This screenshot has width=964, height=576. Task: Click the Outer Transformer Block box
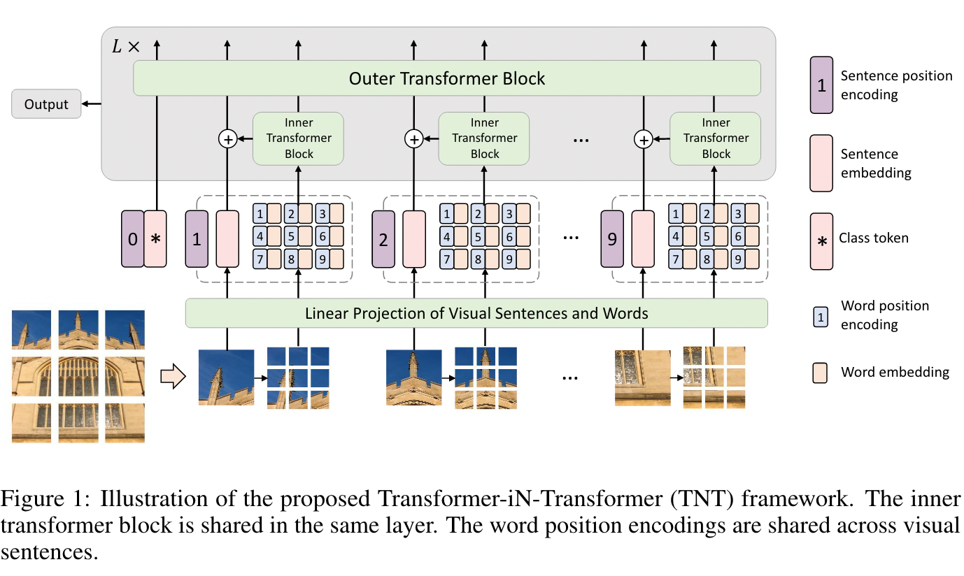tap(446, 78)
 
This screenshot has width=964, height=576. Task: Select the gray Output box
tap(46, 104)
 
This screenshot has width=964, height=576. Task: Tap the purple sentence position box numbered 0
tap(132, 238)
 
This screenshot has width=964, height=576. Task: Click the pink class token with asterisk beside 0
tap(155, 238)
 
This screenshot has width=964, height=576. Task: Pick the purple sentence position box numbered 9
tap(612, 238)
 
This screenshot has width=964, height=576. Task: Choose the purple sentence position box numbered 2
tap(383, 238)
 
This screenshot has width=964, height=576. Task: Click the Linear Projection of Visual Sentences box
tap(476, 313)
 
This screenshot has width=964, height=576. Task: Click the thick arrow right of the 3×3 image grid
tap(172, 377)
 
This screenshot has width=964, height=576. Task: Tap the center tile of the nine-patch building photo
tap(78, 377)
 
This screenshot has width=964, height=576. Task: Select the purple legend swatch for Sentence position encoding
tap(821, 85)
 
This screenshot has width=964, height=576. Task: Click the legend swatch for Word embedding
tap(821, 372)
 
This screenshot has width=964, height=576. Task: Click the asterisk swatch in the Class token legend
tap(821, 241)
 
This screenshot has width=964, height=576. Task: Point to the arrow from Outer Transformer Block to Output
tap(92, 104)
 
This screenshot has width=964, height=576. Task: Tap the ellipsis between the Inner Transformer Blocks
tap(581, 140)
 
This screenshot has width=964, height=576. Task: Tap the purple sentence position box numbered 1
tap(196, 238)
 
